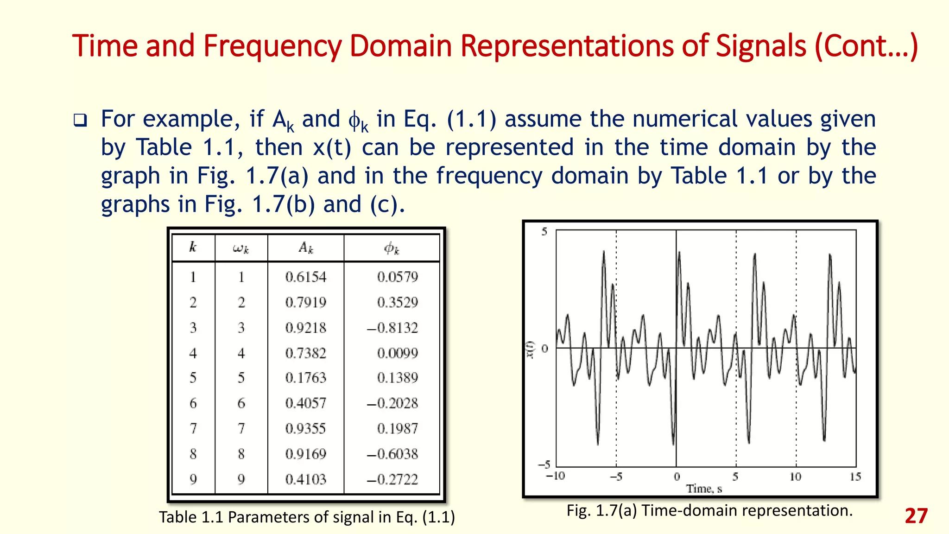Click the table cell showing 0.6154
tap(305, 277)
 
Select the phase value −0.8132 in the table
tap(392, 328)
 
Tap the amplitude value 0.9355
tap(305, 428)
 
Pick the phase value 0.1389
tap(397, 378)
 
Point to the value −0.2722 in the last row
tap(392, 479)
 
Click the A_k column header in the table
tap(306, 248)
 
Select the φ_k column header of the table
tap(392, 248)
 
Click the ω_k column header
tap(241, 248)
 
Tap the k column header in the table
tap(193, 247)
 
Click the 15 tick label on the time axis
tap(855, 477)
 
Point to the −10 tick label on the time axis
tap(555, 476)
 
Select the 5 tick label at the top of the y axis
tap(544, 232)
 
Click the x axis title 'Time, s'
tap(704, 489)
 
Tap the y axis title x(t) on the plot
tap(531, 350)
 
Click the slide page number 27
tap(916, 516)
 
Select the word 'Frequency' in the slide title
tap(272, 46)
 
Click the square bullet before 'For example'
tap(80, 121)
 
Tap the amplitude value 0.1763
tap(305, 378)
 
